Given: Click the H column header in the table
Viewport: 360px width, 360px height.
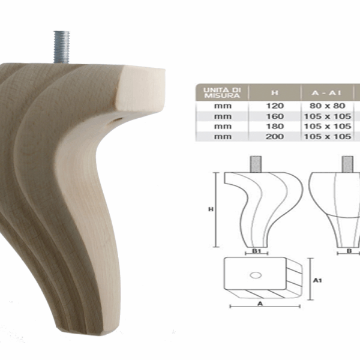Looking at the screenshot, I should point(275,93).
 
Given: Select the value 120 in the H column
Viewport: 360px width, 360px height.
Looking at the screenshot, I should point(275,105).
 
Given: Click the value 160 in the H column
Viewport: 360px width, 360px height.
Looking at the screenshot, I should point(275,115).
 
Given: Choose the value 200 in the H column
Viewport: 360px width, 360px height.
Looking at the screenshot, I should point(275,136).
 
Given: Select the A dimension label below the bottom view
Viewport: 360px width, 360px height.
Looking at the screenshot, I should point(259,304).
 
